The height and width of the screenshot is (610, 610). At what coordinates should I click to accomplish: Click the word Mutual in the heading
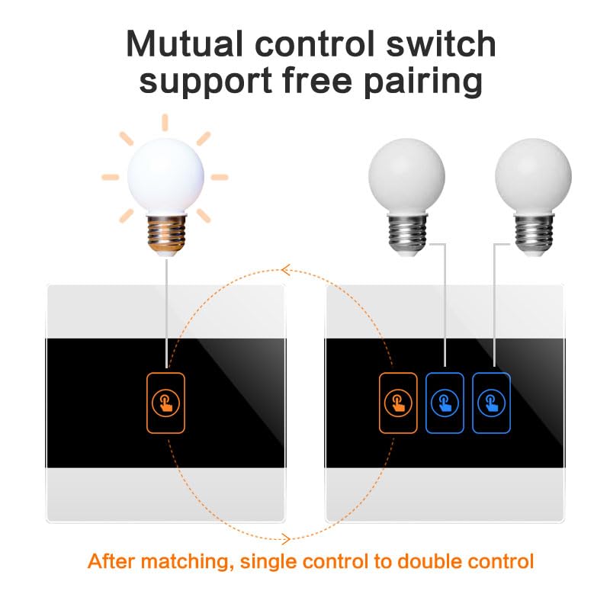click(185, 44)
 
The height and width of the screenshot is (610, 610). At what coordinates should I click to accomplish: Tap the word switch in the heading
click(441, 43)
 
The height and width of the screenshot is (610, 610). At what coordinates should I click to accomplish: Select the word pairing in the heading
click(423, 82)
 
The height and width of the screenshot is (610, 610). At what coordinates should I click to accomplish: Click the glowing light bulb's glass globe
click(165, 176)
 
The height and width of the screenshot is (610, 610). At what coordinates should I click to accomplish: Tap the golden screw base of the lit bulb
click(166, 234)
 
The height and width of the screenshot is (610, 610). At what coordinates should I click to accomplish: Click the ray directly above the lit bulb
click(165, 122)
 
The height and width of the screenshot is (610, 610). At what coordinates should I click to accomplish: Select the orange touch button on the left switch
click(165, 403)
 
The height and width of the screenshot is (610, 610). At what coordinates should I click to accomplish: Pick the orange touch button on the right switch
click(398, 403)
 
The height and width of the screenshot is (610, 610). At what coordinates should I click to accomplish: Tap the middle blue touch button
click(445, 403)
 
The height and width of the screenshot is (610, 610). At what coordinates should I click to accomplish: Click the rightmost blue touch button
click(491, 403)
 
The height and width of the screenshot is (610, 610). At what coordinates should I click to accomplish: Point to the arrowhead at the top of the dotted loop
click(285, 270)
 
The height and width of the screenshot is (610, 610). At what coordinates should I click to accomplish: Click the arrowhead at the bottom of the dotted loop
click(287, 539)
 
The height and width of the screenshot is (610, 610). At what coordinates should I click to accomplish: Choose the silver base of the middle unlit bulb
click(408, 233)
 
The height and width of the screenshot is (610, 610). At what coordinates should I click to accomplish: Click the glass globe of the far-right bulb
click(533, 176)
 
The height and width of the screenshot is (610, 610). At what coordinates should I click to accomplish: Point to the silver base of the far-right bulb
click(534, 233)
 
